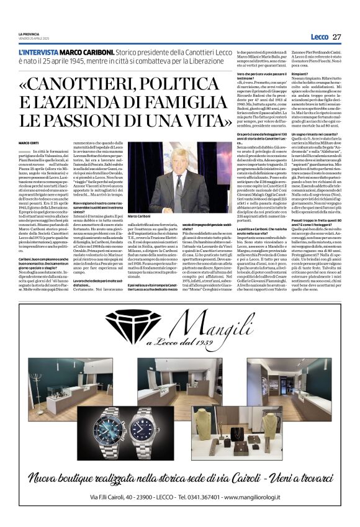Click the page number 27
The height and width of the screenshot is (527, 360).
click(336, 37)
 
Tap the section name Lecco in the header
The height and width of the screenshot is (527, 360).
click(320, 37)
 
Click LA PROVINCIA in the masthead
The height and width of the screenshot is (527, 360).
click(28, 34)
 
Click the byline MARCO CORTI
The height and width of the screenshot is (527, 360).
click(28, 143)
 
